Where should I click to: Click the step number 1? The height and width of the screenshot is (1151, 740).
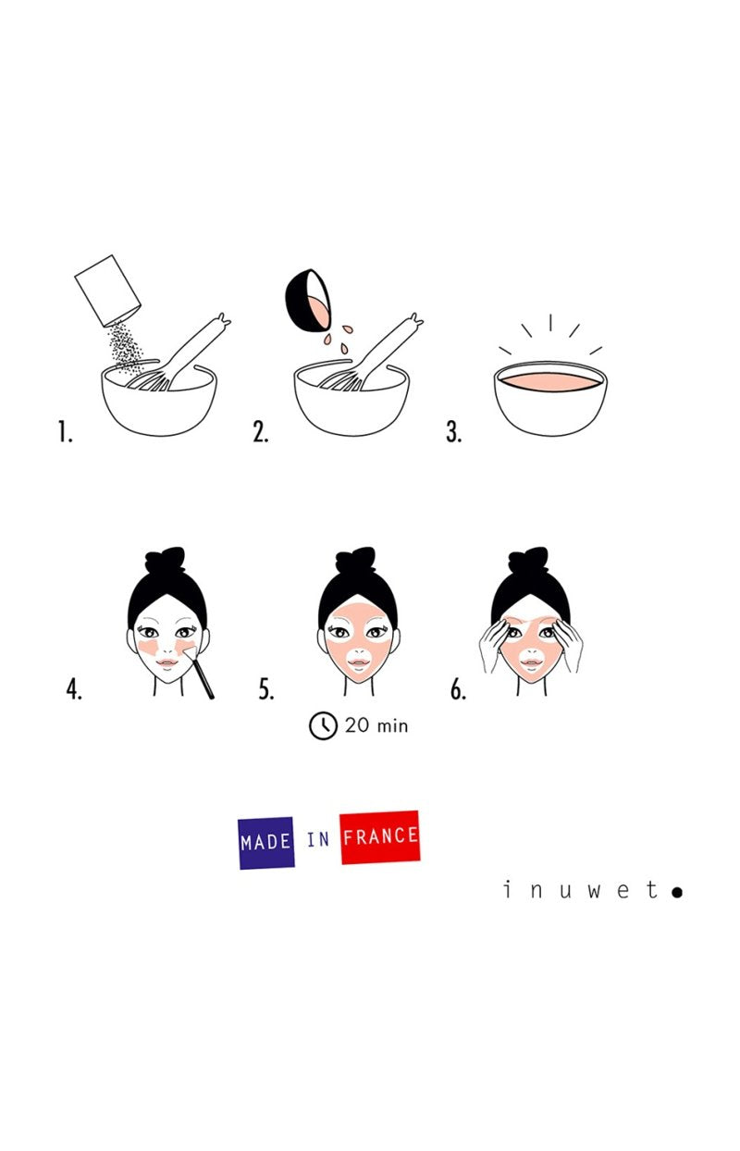(x=65, y=431)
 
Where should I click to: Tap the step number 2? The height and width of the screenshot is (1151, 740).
(x=260, y=431)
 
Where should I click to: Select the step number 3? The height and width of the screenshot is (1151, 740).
(x=453, y=431)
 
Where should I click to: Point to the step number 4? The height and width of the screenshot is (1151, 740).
(x=74, y=689)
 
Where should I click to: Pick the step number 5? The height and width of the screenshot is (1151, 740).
(x=266, y=689)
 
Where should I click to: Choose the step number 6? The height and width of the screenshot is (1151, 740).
(x=458, y=689)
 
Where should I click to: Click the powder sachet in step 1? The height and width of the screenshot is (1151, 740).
(x=108, y=291)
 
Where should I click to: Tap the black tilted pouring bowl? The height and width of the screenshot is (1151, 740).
(x=307, y=300)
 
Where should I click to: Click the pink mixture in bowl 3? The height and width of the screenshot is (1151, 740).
(x=550, y=382)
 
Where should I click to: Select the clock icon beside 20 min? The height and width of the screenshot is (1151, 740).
(x=323, y=725)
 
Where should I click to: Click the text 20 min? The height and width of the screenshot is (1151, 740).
(x=376, y=725)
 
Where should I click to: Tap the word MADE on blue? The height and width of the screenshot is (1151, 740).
(x=266, y=842)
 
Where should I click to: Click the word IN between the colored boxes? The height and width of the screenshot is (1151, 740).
(x=318, y=839)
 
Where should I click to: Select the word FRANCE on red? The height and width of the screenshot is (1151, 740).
(x=380, y=836)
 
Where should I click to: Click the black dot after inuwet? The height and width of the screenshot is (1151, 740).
(x=677, y=893)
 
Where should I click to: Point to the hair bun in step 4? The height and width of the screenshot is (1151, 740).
(x=165, y=560)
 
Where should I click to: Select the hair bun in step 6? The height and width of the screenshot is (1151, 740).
(x=528, y=560)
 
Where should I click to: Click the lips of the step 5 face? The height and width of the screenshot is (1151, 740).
(x=359, y=662)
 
